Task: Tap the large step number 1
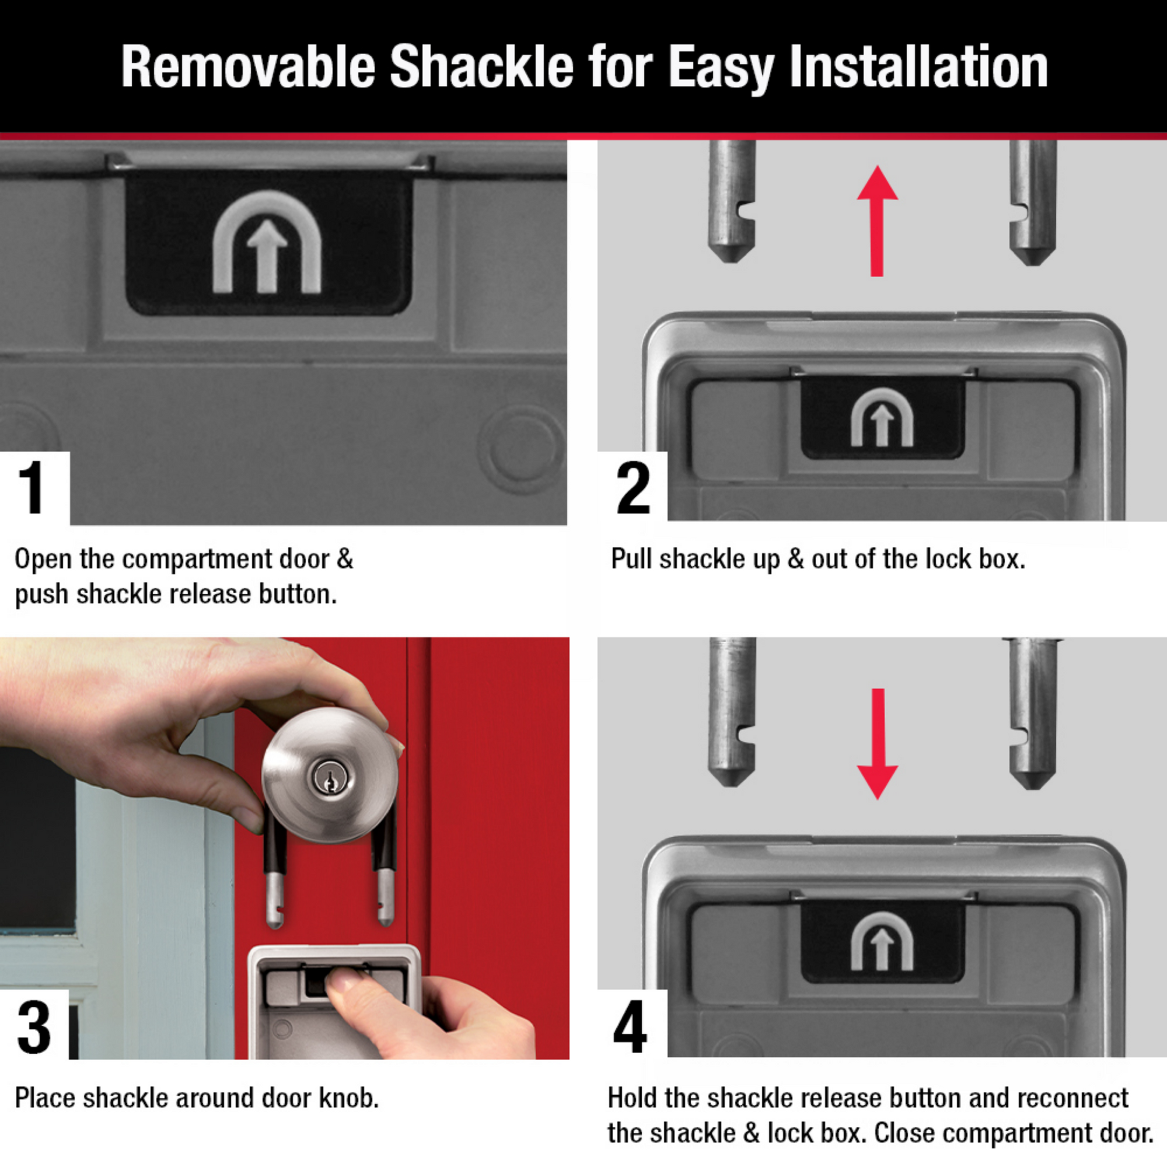pyautogui.click(x=32, y=487)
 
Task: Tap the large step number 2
pyautogui.click(x=633, y=487)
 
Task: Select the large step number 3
pyautogui.click(x=33, y=1028)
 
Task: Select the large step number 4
pyautogui.click(x=630, y=1026)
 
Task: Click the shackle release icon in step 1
pyautogui.click(x=267, y=243)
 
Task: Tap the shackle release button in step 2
pyautogui.click(x=882, y=418)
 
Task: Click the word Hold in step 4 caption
pyautogui.click(x=632, y=1098)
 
